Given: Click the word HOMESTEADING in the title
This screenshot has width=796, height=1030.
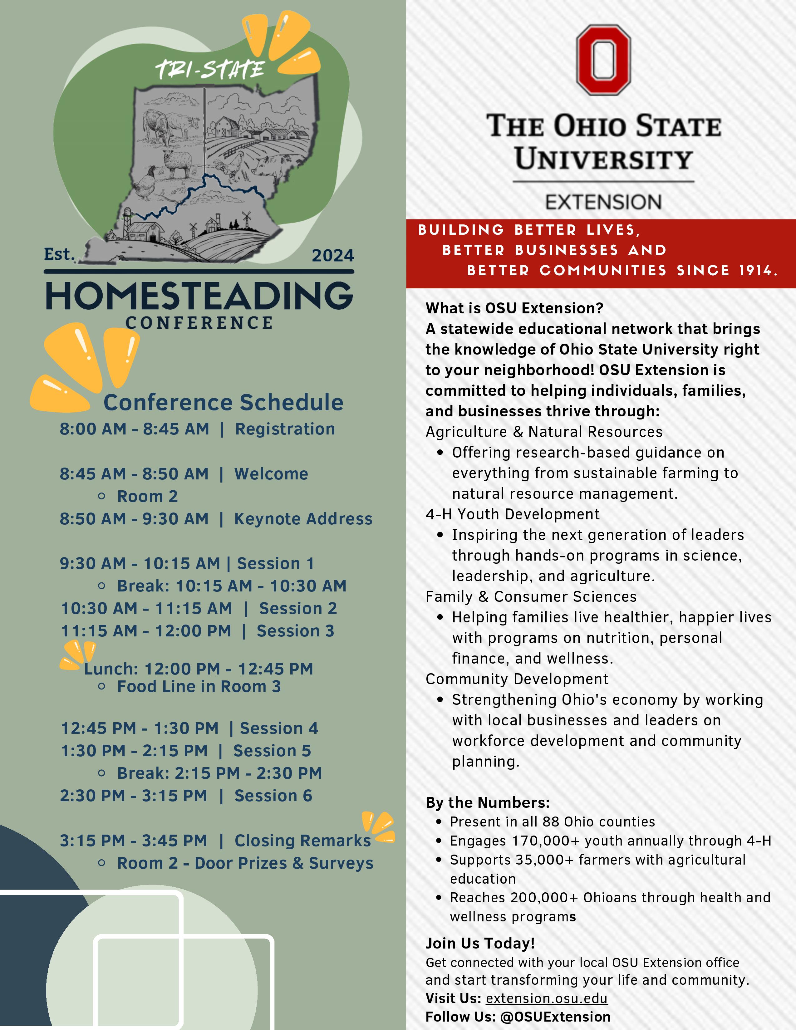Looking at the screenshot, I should [199, 296].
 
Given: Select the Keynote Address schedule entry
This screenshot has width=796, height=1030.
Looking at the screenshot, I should [303, 519].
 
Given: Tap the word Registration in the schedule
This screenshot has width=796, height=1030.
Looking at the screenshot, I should [285, 429].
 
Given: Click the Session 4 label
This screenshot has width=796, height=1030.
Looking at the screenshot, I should [279, 728].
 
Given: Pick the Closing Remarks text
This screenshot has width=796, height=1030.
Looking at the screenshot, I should [302, 841].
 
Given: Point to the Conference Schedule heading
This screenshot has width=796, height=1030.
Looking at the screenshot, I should [223, 402].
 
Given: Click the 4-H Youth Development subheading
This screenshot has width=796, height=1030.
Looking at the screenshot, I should [512, 514].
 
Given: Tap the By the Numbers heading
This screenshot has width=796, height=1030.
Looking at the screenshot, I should [487, 803].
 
